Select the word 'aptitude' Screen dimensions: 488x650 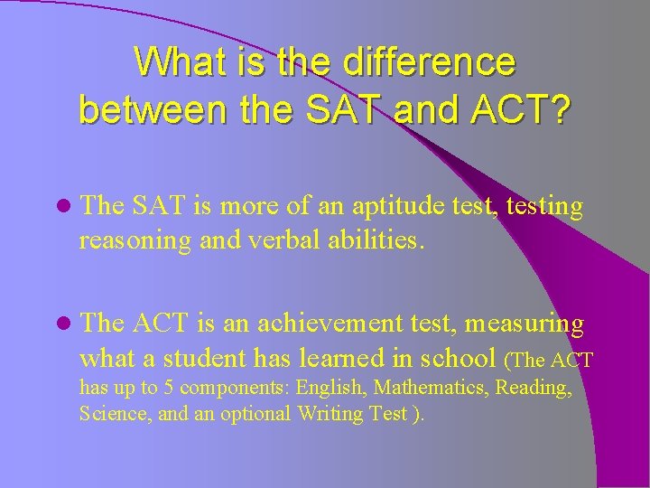402,207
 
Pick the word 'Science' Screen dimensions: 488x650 110,414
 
